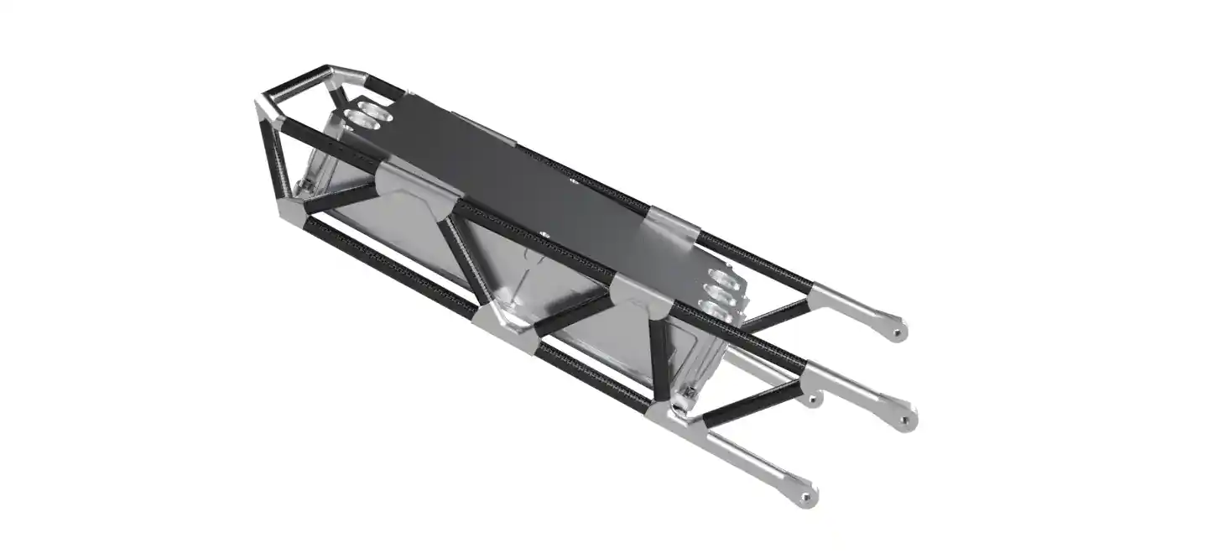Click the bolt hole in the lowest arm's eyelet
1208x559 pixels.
(806, 499)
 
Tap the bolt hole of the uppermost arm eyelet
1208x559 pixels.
(898, 332)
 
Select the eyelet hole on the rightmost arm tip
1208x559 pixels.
(908, 419)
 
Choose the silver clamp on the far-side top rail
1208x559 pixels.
(671, 225)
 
